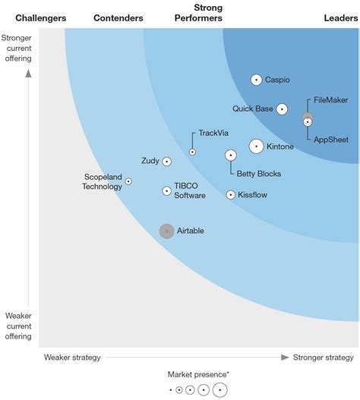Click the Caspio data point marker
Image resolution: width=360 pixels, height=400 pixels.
[x=256, y=80]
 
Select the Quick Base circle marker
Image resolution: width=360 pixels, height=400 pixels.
[x=282, y=109]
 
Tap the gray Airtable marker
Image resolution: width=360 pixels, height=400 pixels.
[x=166, y=231]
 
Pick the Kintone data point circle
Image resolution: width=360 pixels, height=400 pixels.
[x=256, y=146]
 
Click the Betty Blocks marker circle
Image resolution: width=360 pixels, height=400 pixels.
[x=231, y=156]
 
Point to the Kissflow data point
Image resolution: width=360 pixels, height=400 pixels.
[x=231, y=195]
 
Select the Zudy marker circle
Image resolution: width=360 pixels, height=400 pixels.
[x=166, y=162]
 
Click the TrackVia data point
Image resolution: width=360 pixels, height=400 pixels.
[x=192, y=152]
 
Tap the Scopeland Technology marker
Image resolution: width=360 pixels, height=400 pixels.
[x=128, y=181]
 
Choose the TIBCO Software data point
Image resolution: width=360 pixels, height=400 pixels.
[x=166, y=191]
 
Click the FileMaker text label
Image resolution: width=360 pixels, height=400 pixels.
[x=330, y=100]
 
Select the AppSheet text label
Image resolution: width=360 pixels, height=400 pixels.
[x=330, y=139]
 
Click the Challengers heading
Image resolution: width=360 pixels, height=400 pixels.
[x=40, y=17]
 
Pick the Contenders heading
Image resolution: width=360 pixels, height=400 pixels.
[x=118, y=17]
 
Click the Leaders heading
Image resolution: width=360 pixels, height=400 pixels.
[x=340, y=17]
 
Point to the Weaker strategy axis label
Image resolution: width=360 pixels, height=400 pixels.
[x=72, y=357]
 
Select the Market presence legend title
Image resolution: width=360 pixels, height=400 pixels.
[x=199, y=374]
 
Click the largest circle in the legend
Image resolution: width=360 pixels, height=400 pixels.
[x=219, y=390]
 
